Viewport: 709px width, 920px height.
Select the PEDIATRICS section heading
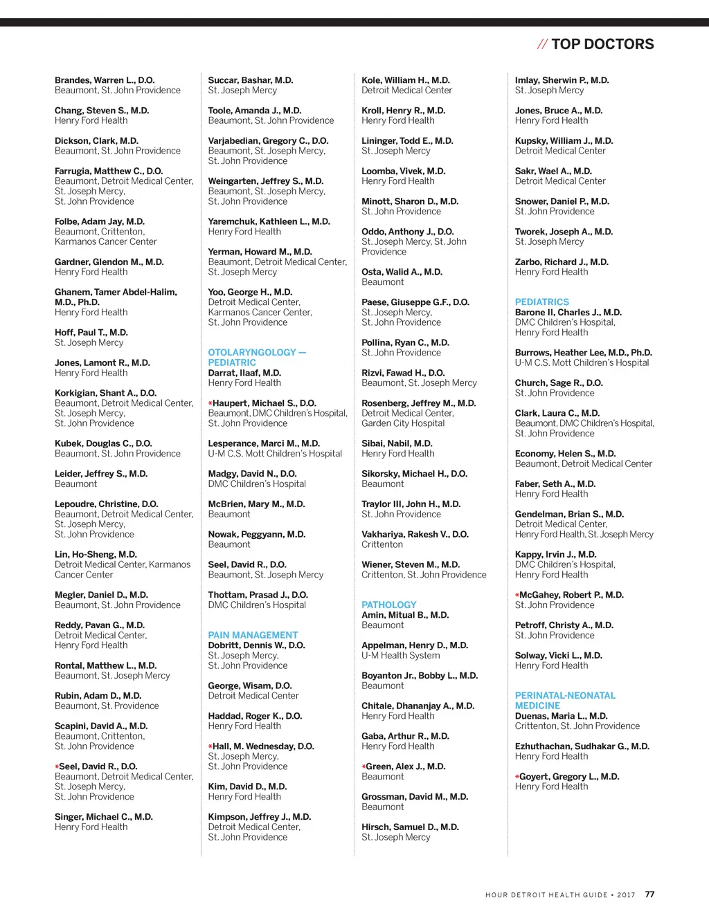coord(542,302)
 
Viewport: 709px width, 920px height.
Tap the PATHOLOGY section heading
coord(388,605)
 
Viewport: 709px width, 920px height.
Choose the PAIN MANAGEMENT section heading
coord(253,635)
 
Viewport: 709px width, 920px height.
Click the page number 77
coord(649,894)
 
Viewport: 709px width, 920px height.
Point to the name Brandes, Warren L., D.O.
coord(105,80)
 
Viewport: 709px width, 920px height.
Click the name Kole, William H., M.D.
coord(405,80)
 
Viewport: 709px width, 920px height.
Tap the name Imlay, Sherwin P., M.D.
coord(562,80)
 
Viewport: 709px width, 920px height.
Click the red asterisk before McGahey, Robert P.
coord(517,596)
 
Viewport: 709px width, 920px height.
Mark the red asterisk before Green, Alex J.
coord(364,767)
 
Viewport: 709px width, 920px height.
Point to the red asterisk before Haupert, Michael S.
coord(210,403)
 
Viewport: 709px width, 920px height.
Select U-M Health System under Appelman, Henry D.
coord(400,655)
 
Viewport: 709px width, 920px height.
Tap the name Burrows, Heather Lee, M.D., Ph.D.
coord(583,353)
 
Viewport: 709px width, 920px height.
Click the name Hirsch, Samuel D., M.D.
coord(410,827)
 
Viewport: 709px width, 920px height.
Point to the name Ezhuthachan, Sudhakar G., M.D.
coord(582,746)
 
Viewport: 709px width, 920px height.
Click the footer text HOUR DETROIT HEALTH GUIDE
coord(546,895)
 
